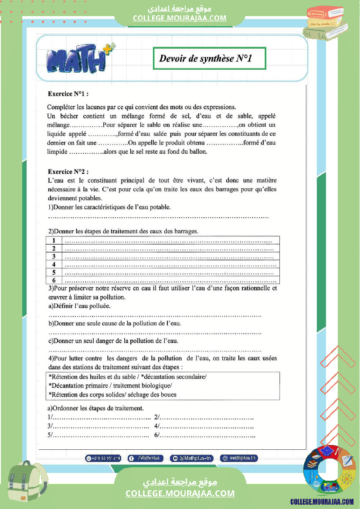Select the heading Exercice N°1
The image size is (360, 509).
click(x=68, y=94)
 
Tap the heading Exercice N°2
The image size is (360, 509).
click(x=68, y=172)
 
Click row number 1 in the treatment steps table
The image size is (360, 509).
click(x=54, y=240)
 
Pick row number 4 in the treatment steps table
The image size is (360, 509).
click(x=54, y=264)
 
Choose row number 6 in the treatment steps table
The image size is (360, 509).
click(x=54, y=280)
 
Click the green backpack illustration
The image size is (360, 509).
click(x=26, y=484)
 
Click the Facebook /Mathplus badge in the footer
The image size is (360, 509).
click(x=146, y=458)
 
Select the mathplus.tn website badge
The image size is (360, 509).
click(x=239, y=458)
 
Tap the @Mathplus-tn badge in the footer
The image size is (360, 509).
click(x=192, y=458)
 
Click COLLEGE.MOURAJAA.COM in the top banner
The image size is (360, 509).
click(x=180, y=18)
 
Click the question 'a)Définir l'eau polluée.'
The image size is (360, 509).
click(x=79, y=306)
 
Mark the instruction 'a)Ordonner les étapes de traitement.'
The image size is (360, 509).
click(x=95, y=408)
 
